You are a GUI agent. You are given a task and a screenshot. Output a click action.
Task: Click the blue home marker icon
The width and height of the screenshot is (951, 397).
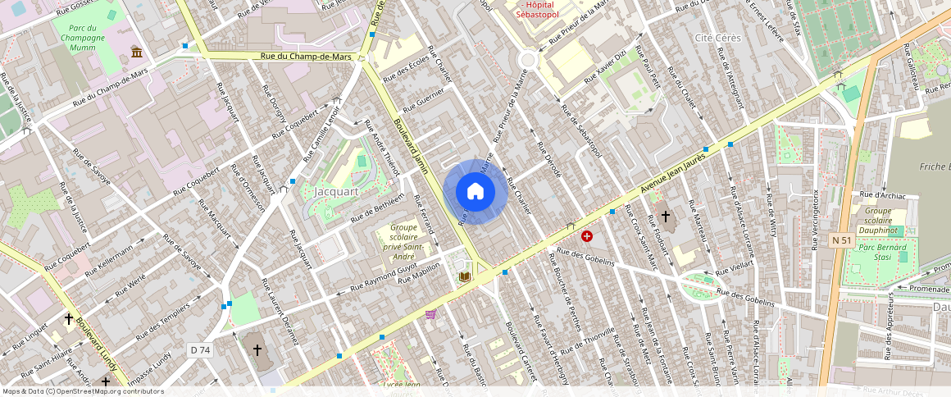(x=475, y=192)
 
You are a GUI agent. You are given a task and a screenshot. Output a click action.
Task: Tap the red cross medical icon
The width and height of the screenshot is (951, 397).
(x=587, y=236)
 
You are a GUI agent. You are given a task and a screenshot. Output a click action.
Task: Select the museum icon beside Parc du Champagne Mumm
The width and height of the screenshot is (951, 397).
(x=136, y=52)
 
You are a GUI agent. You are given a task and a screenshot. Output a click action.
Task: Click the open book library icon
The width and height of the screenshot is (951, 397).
(x=464, y=277)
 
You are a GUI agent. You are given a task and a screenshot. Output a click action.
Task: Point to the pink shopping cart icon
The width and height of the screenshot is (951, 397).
(x=430, y=313)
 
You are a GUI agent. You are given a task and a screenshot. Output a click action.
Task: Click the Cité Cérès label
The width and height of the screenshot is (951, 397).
(x=717, y=38)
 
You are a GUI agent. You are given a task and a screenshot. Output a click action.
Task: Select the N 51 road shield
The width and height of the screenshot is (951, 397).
(x=841, y=240)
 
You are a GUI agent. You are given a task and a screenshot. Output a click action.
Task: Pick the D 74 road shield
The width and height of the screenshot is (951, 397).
(x=200, y=350)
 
